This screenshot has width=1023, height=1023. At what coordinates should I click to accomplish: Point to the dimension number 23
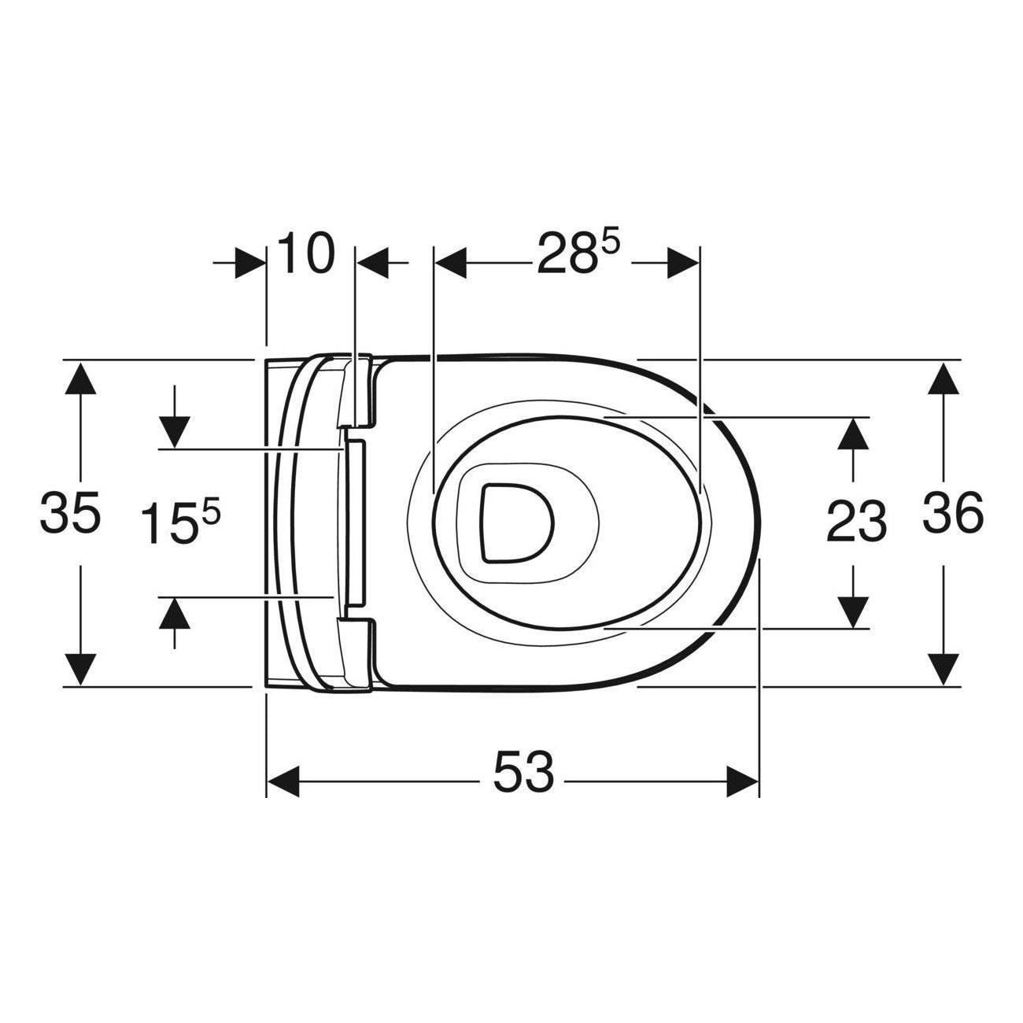click(x=856, y=521)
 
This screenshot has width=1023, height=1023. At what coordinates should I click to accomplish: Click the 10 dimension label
click(x=307, y=253)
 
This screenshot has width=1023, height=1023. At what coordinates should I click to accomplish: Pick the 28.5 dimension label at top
click(x=578, y=253)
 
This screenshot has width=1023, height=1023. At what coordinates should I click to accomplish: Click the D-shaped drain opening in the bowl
click(x=517, y=523)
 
